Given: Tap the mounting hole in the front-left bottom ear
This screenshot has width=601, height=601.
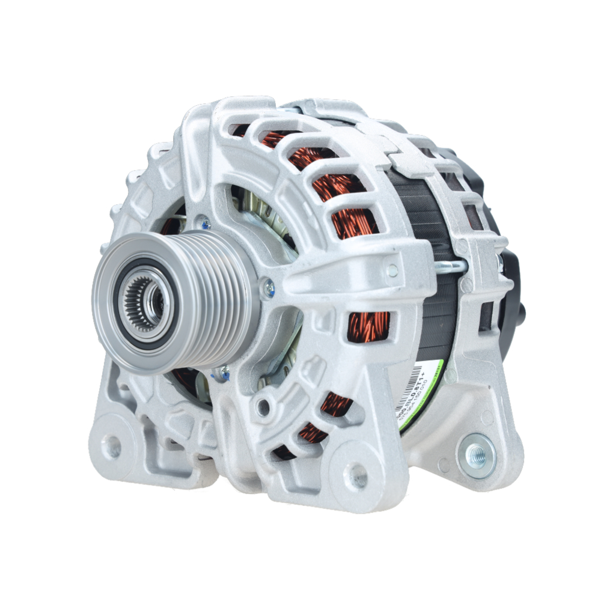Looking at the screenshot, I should (111, 447).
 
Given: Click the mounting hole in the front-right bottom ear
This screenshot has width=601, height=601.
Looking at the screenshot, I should (359, 475).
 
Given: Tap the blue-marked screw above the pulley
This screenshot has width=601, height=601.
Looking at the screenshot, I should (206, 224).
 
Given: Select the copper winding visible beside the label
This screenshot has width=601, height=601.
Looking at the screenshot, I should (370, 328).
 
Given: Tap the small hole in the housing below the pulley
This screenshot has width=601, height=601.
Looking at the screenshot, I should (263, 407).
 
